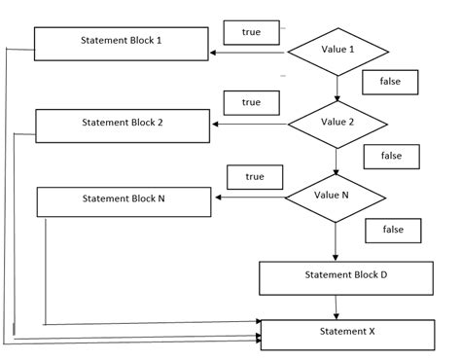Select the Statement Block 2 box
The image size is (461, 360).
(123, 125)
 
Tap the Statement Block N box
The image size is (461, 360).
(123, 200)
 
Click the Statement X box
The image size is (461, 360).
(346, 334)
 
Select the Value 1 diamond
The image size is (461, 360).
(337, 50)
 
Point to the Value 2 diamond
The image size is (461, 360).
(337, 123)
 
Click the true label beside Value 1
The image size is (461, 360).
(251, 32)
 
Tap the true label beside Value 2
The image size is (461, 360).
(251, 103)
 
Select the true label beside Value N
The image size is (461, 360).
(255, 177)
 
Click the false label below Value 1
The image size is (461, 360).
(390, 83)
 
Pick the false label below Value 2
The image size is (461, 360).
(391, 156)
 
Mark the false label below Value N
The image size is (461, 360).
(393, 230)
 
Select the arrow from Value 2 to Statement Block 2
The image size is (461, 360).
(251, 124)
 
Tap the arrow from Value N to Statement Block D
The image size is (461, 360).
(336, 241)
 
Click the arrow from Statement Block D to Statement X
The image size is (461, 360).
(337, 306)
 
